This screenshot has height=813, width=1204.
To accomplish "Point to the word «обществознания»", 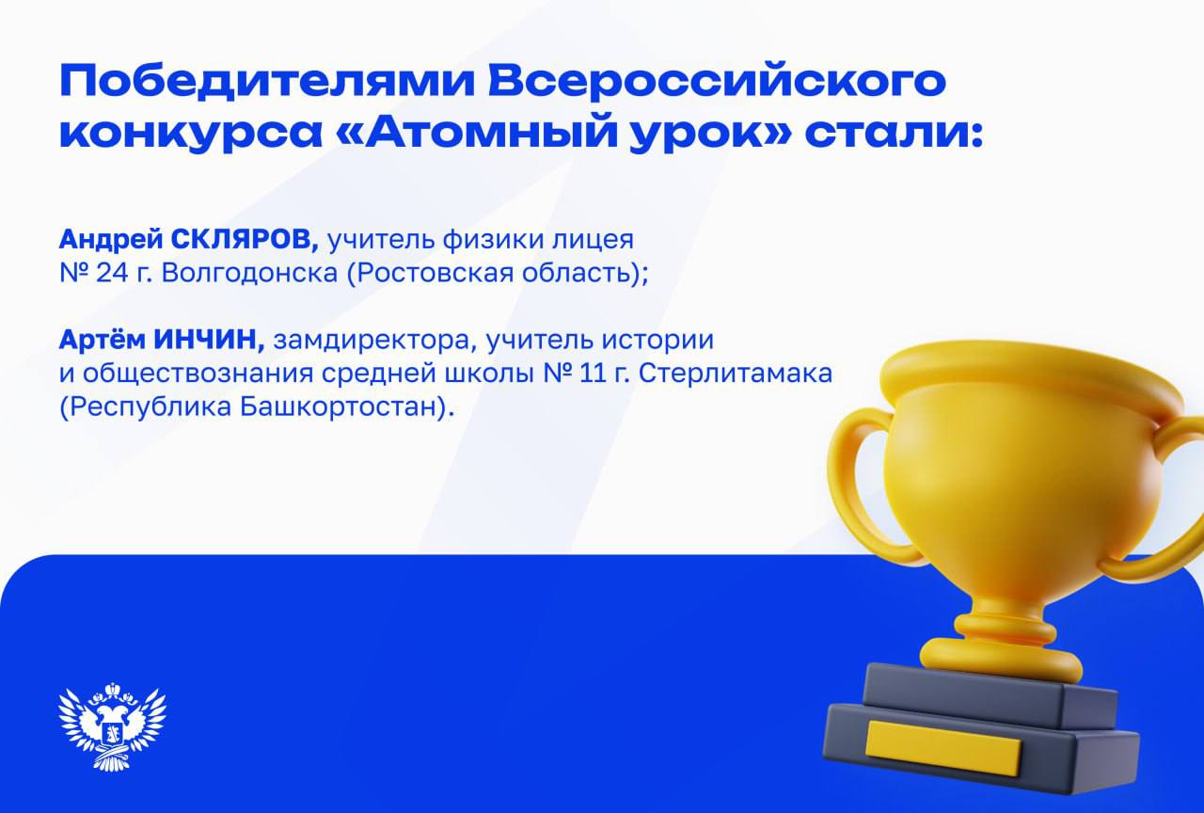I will (184, 374).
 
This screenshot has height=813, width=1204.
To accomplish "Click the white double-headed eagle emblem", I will (112, 726).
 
